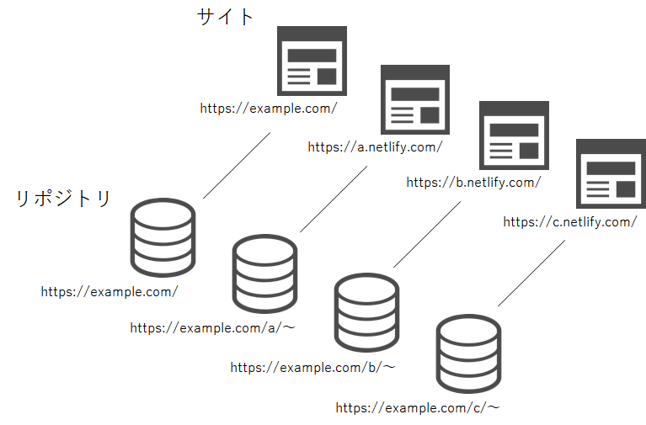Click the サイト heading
[225, 17]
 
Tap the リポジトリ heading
[63, 198]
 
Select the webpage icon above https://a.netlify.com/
[415, 99]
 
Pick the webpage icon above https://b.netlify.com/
[514, 135]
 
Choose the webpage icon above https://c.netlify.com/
[611, 174]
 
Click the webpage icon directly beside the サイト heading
[312, 61]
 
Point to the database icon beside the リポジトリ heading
[163, 237]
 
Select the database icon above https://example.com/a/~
[264, 274]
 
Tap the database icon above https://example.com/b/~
[366, 312]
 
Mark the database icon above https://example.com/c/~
[468, 353]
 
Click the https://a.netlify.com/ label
[375, 147]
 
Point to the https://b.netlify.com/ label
[473, 183]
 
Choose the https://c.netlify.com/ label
[570, 222]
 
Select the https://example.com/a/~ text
[212, 328]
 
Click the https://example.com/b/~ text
[312, 367]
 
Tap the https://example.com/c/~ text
[418, 407]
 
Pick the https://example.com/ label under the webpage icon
[269, 109]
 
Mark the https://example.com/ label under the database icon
[109, 291]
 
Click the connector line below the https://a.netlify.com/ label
[334, 199]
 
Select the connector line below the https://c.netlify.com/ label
[531, 273]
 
